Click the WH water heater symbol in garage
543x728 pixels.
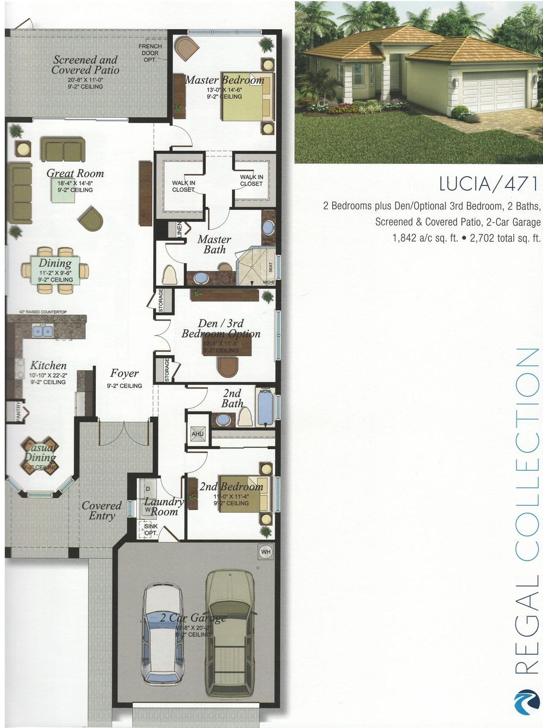click(x=266, y=552)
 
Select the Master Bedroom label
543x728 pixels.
click(x=224, y=80)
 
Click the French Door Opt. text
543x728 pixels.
click(x=150, y=53)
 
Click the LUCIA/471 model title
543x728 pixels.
click(x=488, y=184)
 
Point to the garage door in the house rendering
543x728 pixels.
click(x=493, y=90)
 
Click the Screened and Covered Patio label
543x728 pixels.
click(x=85, y=65)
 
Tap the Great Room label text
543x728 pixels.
click(x=75, y=173)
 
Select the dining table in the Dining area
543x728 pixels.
click(x=55, y=270)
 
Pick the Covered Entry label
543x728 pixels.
click(x=101, y=511)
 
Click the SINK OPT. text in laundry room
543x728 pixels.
click(x=151, y=529)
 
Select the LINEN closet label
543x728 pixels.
click(x=179, y=229)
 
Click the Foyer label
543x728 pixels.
click(x=125, y=374)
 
